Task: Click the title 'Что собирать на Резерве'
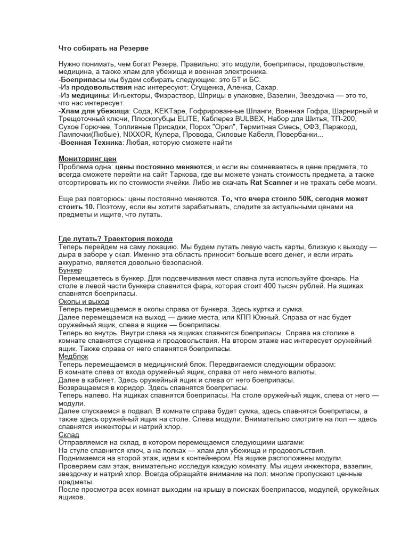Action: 103,48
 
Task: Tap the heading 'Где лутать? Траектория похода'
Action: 115,238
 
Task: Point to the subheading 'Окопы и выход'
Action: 84,301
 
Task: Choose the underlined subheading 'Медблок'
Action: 73,356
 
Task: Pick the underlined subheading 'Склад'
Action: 69,435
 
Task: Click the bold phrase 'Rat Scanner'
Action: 271,183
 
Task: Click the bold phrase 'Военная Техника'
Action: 92,143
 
